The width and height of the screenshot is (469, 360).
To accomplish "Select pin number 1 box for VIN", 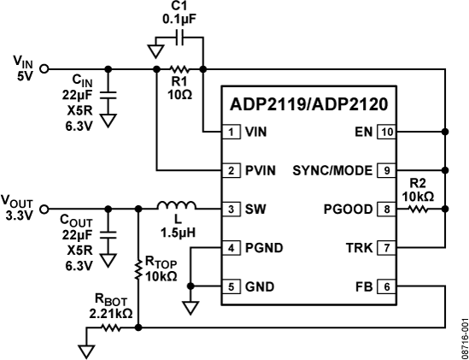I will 232,133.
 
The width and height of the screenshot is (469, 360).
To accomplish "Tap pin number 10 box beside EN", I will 387,133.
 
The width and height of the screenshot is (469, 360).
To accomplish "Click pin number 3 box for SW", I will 232,208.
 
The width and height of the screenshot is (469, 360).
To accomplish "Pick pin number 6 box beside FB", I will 387,285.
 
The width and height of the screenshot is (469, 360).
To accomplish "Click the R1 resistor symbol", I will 179,68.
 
